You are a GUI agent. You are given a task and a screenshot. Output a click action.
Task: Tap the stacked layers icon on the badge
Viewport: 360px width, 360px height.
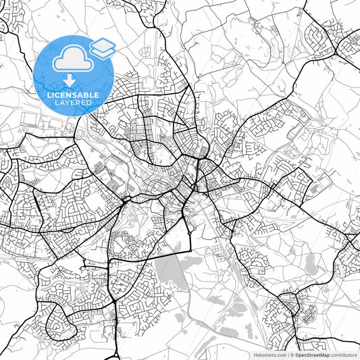[x=102, y=48]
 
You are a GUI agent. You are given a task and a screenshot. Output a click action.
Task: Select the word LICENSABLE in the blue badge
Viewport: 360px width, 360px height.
[x=73, y=95]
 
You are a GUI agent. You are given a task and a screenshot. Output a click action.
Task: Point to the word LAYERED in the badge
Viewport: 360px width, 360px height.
[x=73, y=103]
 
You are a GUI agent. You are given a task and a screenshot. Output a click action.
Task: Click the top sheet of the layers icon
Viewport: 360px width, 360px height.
[x=102, y=44]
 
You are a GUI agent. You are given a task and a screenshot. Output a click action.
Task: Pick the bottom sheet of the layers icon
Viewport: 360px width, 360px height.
[x=102, y=52]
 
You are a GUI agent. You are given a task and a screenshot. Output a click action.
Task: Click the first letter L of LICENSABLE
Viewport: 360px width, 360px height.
[x=48, y=95]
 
